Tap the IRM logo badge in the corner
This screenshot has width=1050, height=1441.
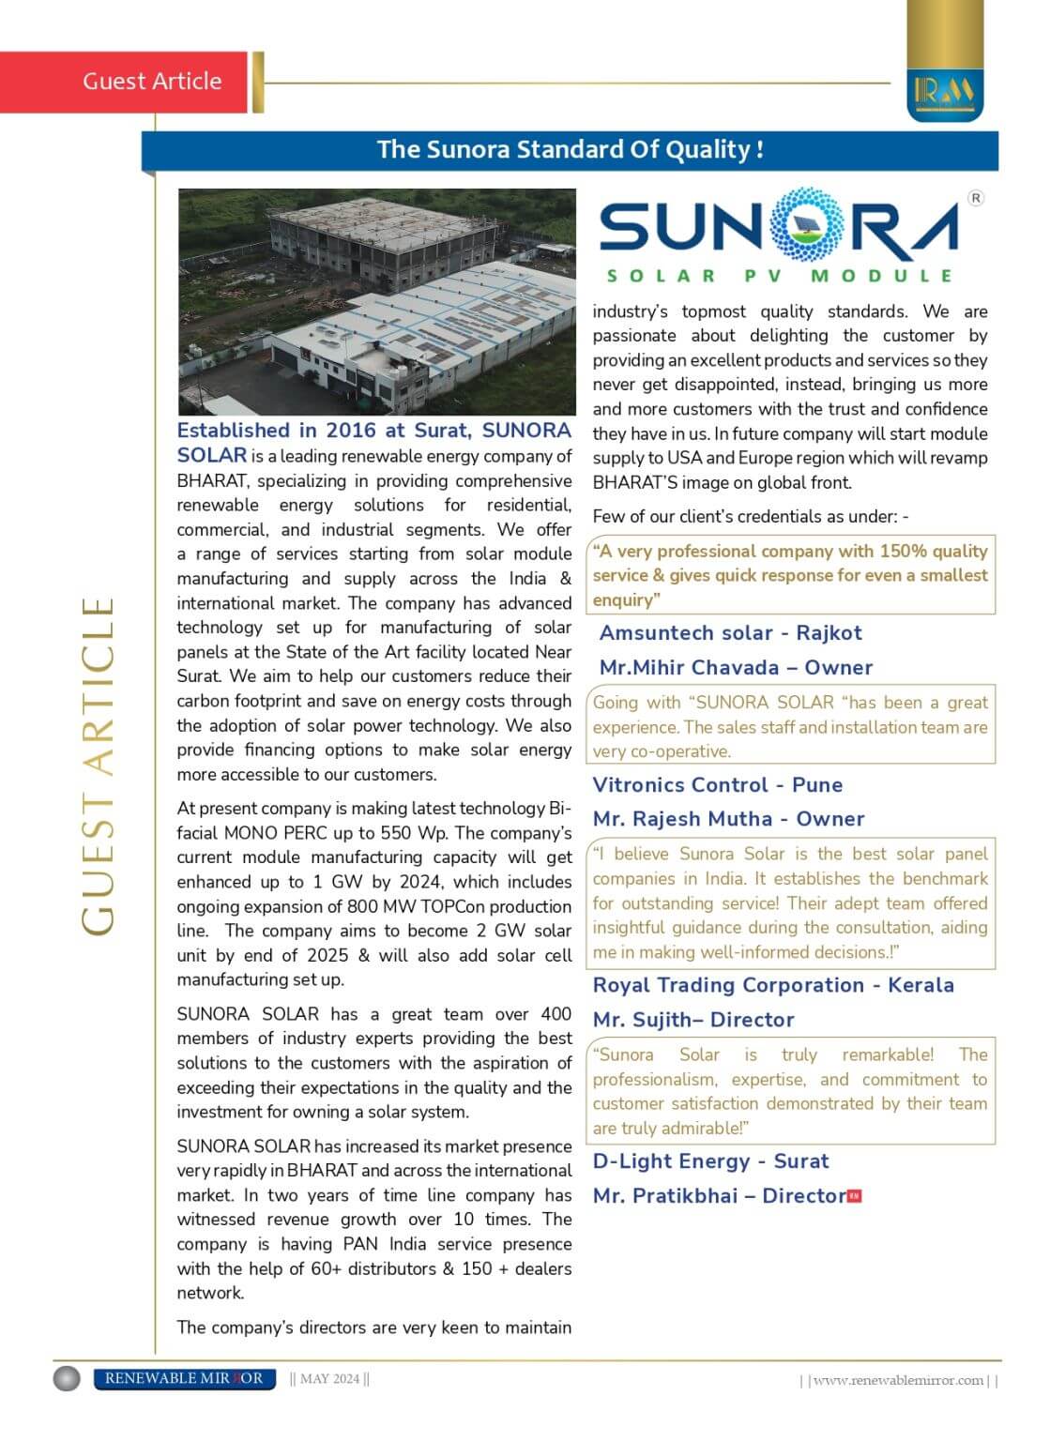tap(945, 90)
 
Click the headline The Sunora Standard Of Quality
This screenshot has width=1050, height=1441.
tap(570, 150)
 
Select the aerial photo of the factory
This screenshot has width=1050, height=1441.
tap(376, 301)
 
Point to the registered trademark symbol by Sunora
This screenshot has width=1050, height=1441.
tap(976, 198)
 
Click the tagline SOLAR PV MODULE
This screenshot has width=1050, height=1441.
tap(780, 276)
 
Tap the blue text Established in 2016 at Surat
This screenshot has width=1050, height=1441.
tap(373, 431)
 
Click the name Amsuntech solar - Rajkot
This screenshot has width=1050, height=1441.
tap(730, 633)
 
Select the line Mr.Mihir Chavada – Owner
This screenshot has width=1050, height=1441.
tap(736, 668)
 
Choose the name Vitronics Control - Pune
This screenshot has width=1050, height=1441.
tap(718, 785)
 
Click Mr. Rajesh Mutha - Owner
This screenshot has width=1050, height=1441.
tap(728, 819)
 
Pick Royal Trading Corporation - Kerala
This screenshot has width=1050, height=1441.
tap(773, 985)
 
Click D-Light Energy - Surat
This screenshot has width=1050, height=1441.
tap(710, 1161)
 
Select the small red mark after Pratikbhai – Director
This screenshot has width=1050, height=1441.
tap(854, 1196)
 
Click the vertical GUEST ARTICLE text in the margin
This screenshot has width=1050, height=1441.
tap(98, 765)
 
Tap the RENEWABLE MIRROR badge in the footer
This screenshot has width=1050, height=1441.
tap(184, 1378)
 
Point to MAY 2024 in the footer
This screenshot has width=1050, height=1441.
tap(329, 1379)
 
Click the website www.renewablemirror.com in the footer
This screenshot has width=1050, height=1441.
tap(898, 1380)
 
